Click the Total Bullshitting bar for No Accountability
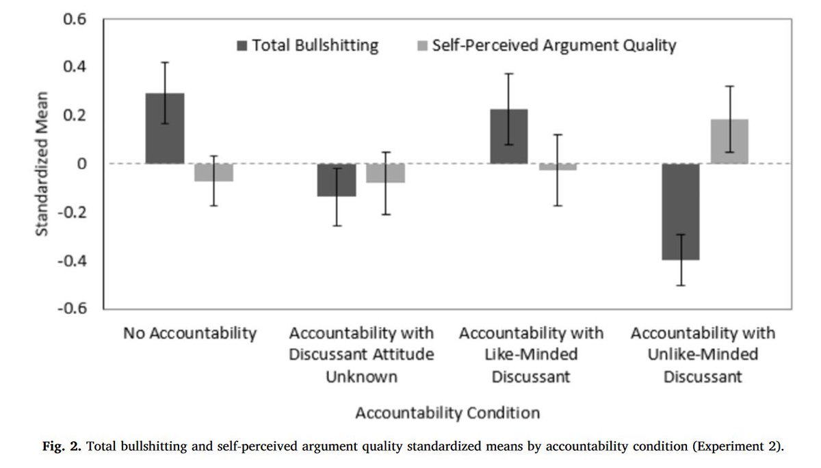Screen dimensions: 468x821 pos(164,129)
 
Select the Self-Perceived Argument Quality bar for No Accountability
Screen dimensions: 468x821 pos(213,172)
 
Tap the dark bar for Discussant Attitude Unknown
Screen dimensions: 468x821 pos(336,180)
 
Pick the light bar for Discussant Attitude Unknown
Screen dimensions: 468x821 pos(385,173)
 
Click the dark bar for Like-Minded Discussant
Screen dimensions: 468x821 pos(508,137)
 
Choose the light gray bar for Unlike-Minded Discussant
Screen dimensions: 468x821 pos(729,142)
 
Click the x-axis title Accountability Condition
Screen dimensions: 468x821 pos(447,413)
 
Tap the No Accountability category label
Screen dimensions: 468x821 pos(190,334)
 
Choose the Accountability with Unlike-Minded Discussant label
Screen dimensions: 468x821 pos(703,355)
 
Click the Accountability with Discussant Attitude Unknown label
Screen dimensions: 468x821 pos(361,355)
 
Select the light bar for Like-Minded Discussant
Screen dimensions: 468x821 pos(557,167)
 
